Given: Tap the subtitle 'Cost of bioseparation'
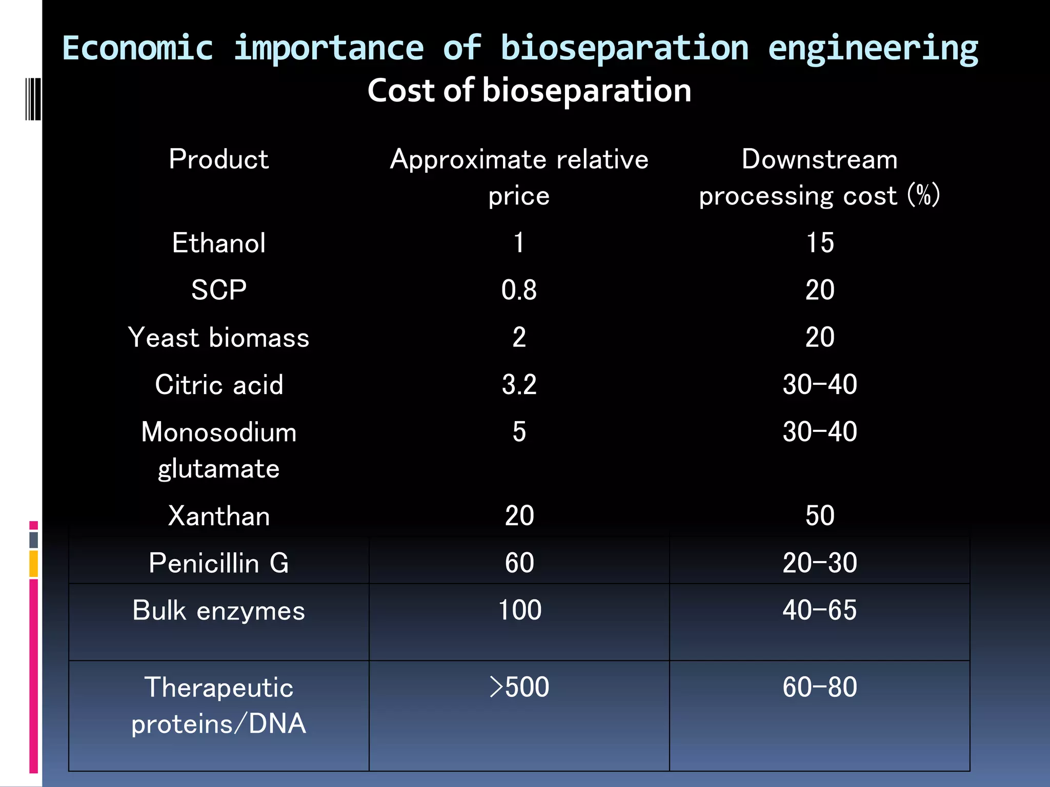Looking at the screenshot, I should click(529, 91).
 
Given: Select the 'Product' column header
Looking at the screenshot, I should click(219, 159).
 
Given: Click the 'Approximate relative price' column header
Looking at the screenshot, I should click(519, 177).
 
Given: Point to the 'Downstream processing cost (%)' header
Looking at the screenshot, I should click(819, 177).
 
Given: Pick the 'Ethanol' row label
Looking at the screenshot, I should click(219, 243).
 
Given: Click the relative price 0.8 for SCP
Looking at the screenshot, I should click(519, 290).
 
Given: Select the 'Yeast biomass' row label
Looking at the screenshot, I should click(219, 338).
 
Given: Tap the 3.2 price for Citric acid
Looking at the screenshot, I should click(519, 385).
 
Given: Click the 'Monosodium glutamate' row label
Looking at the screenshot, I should click(219, 450).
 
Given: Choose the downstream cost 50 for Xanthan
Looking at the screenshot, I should click(819, 515).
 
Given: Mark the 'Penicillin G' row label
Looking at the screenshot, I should click(219, 563).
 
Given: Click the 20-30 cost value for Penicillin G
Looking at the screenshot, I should click(819, 563).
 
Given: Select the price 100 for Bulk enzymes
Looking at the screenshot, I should click(519, 610).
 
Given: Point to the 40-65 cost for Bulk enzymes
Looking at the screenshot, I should click(819, 610).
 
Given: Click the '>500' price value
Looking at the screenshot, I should click(519, 687).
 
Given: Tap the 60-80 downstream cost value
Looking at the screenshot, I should click(819, 687).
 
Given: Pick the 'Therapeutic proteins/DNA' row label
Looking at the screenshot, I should click(219, 705).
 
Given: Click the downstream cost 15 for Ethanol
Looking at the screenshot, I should click(819, 243).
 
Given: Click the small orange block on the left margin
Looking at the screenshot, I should click(33, 564).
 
